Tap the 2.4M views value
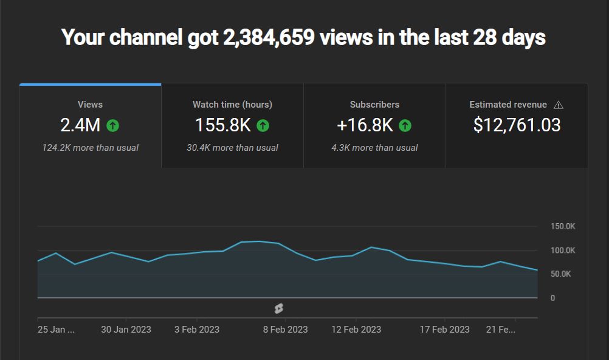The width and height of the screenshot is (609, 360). [x=80, y=125]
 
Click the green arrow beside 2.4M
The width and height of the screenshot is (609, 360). [x=113, y=126]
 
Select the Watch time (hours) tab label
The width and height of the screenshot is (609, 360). [x=232, y=105]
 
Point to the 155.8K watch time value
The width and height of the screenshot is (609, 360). [x=222, y=125]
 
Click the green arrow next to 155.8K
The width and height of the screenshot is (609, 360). [x=263, y=126]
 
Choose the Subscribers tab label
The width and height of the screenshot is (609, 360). [x=374, y=105]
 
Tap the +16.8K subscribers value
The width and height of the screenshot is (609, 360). [x=365, y=125]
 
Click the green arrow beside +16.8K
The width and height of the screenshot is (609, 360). [x=405, y=126]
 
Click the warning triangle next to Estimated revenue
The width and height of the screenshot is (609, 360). [x=559, y=105]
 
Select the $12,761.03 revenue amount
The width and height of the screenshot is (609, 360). [x=517, y=125]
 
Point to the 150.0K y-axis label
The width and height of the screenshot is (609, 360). [x=562, y=226]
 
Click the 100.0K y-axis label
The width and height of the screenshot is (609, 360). [x=562, y=251]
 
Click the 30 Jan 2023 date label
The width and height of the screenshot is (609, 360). [x=126, y=330]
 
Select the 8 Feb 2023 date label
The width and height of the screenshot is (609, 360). [x=285, y=330]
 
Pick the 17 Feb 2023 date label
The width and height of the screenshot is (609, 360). [x=444, y=330]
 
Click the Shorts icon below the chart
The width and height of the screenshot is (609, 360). [x=278, y=308]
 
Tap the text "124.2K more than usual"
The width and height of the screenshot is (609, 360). [x=90, y=148]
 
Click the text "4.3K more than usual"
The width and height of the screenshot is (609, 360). [x=374, y=148]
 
